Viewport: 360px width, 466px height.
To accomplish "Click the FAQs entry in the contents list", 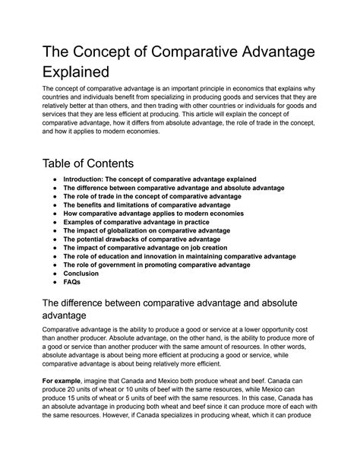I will pos(72,283).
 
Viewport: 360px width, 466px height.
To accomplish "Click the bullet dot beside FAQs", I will pos(52,283).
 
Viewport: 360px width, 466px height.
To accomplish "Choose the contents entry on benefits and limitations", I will pos(147,205).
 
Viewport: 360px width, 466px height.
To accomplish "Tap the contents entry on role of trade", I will pos(152,196).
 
